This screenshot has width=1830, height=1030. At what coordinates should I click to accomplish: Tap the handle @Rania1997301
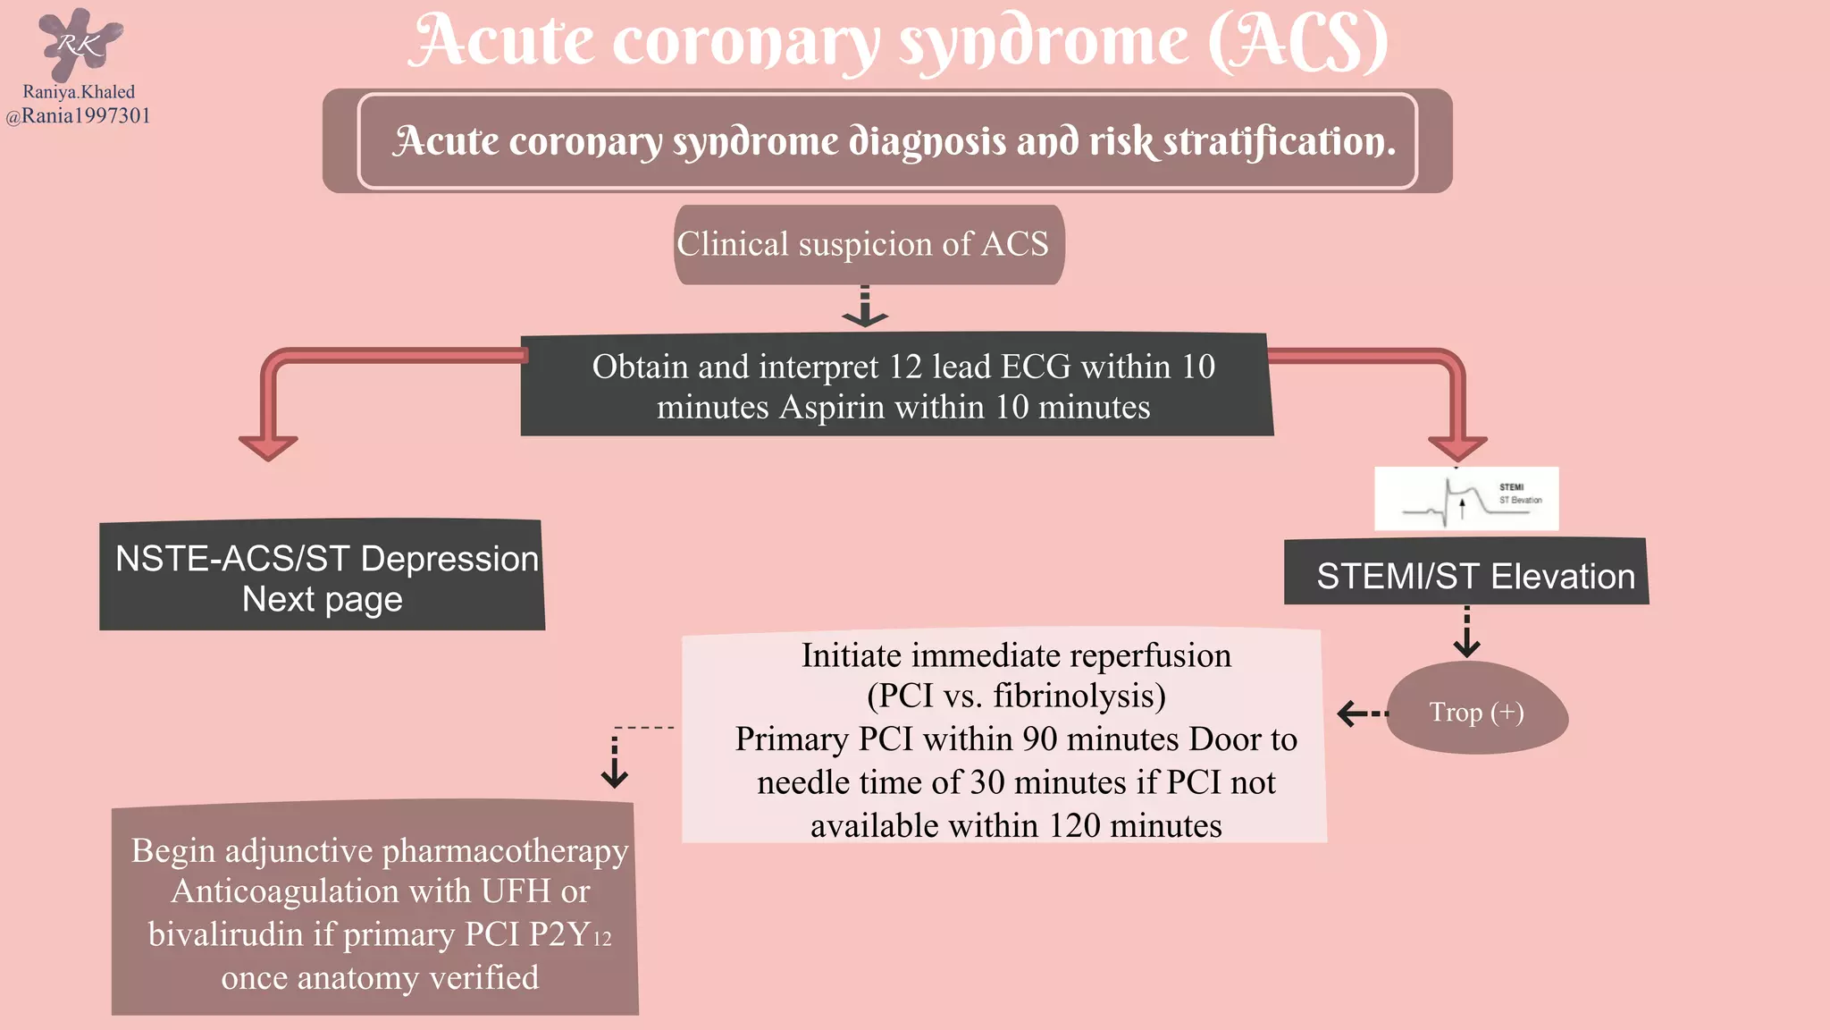(79, 116)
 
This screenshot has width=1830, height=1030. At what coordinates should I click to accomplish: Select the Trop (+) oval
(1476, 712)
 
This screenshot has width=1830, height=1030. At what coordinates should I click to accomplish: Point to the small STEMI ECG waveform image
(1466, 499)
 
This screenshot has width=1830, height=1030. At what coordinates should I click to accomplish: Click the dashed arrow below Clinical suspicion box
(865, 308)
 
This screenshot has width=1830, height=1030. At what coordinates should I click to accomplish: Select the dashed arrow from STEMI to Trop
(1466, 633)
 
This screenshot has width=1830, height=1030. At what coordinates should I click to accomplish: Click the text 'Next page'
(323, 599)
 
